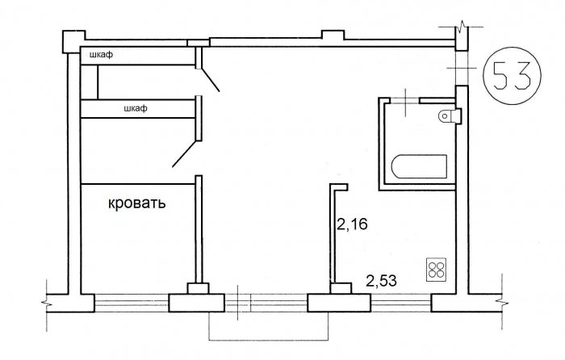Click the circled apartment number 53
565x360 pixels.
(x=512, y=76)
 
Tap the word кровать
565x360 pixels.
(x=137, y=203)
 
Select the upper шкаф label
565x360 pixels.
(x=101, y=55)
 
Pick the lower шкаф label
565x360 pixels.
(x=136, y=108)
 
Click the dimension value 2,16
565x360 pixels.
(x=352, y=224)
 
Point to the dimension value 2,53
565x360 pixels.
(x=381, y=281)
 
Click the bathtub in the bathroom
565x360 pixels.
(x=419, y=166)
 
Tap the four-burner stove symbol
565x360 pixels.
(x=437, y=270)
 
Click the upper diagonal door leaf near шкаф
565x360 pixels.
(x=210, y=80)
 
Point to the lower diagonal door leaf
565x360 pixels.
(x=185, y=154)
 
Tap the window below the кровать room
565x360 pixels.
(x=132, y=303)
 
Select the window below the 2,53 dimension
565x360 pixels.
(x=400, y=303)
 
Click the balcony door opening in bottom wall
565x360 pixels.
(x=266, y=303)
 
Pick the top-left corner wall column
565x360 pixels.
(x=74, y=42)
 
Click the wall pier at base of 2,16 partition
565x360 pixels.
(x=341, y=288)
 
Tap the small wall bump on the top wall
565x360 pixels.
(x=333, y=35)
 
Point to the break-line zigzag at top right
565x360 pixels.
(x=462, y=27)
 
